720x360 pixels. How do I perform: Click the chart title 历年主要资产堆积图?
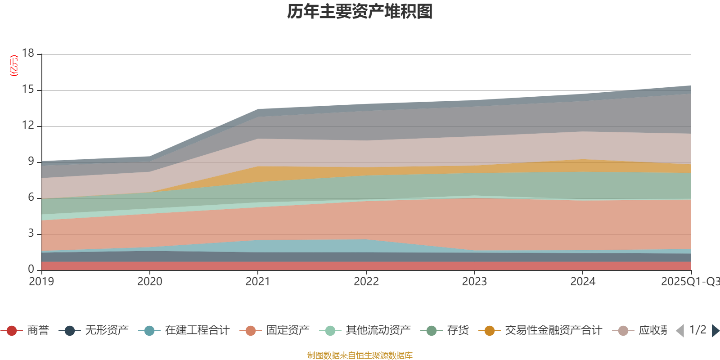[x=360, y=12]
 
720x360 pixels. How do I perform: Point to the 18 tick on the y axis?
[x=28, y=53]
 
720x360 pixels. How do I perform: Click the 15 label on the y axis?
[x=28, y=90]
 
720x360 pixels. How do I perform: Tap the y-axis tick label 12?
[x=28, y=126]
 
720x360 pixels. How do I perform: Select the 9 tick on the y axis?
[x=31, y=162]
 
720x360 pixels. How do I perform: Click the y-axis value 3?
[x=31, y=234]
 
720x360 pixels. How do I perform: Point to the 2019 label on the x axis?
[x=41, y=282]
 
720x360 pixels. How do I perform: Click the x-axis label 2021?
[x=257, y=282]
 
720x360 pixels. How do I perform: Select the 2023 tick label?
[x=474, y=282]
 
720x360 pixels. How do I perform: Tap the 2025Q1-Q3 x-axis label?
[x=689, y=282]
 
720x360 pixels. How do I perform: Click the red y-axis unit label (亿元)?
[x=14, y=66]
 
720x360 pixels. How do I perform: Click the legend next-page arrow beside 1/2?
[x=715, y=331]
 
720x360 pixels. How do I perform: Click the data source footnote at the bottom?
[x=360, y=355]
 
